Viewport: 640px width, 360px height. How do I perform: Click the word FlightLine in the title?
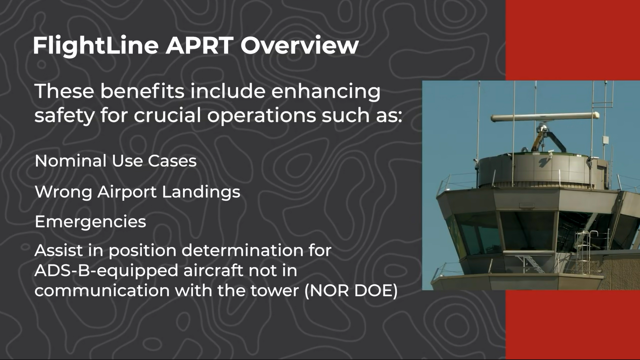click(96, 46)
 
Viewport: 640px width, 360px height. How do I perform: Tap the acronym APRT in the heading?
click(199, 45)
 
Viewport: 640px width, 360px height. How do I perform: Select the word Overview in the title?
click(299, 45)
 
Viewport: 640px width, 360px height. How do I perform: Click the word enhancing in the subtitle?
click(326, 91)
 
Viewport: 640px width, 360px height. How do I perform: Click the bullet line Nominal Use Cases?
click(115, 161)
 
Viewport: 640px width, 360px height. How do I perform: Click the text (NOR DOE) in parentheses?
click(351, 290)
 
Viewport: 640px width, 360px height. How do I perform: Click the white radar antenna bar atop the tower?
click(545, 117)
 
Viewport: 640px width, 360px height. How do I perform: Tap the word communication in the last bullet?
click(102, 291)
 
